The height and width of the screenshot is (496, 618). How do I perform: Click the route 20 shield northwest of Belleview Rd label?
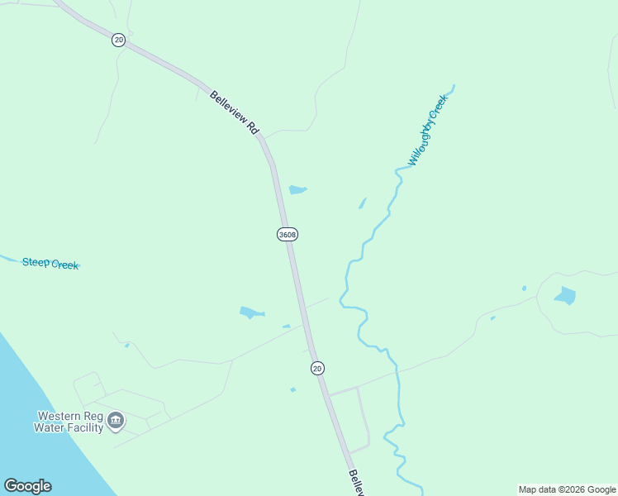pyautogui.click(x=119, y=40)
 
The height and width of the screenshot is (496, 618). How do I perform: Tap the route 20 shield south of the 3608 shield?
pyautogui.click(x=317, y=368)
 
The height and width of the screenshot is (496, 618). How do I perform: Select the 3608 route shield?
pyautogui.click(x=287, y=235)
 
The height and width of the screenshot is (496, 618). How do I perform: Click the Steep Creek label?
pyautogui.click(x=50, y=264)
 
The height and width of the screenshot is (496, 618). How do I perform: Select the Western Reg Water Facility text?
pyautogui.click(x=69, y=422)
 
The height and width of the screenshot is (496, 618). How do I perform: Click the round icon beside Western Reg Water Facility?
pyautogui.click(x=116, y=422)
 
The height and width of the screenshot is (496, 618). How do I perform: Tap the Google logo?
pyautogui.click(x=27, y=486)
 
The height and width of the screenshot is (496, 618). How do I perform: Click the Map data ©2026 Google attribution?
pyautogui.click(x=568, y=489)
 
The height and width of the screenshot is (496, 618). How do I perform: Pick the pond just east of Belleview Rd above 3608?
pyautogui.click(x=297, y=190)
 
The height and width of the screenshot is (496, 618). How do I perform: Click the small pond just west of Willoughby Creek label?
pyautogui.click(x=362, y=203)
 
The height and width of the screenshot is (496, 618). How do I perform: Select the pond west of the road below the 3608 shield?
pyautogui.click(x=251, y=312)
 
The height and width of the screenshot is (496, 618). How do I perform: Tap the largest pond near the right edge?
pyautogui.click(x=565, y=296)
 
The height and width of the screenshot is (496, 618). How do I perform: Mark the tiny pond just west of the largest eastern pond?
pyautogui.click(x=524, y=289)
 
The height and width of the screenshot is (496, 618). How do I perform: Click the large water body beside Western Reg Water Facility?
pyautogui.click(x=41, y=397)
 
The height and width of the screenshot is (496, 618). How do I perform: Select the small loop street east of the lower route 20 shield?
pyautogui.click(x=362, y=417)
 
